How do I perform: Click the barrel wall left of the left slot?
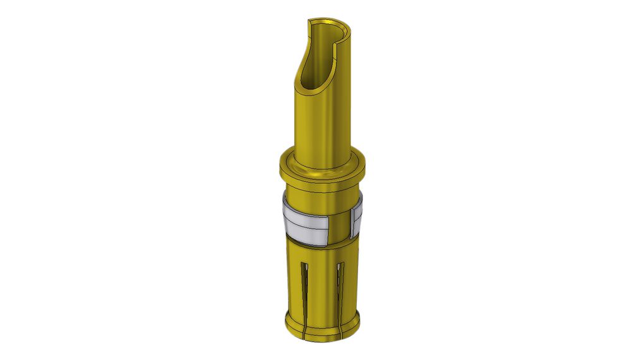click(x=294, y=284)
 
